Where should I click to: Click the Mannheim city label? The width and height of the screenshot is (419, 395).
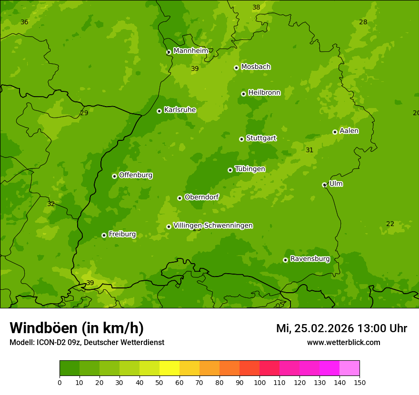[190, 50]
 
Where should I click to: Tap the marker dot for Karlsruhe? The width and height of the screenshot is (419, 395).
[159, 111]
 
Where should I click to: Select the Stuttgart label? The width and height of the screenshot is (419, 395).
[261, 138]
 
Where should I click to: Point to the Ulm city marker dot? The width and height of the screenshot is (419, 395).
[324, 185]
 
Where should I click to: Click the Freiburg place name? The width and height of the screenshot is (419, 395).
[122, 234]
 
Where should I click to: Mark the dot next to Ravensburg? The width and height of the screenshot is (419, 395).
[285, 260]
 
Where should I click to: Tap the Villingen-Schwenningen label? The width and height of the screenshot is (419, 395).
[213, 226]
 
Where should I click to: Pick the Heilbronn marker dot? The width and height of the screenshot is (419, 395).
[243, 94]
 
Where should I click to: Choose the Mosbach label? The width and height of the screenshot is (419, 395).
[256, 67]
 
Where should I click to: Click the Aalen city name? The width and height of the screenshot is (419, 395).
[349, 131]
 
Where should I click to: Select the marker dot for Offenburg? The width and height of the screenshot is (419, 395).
[114, 176]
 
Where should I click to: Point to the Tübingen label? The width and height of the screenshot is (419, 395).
[250, 169]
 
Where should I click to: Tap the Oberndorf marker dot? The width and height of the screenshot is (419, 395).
[180, 198]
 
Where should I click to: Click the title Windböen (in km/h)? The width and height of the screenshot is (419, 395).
[77, 328]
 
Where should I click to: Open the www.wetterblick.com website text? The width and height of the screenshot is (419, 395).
[343, 342]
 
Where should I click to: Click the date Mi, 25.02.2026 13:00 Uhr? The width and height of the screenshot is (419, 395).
[341, 328]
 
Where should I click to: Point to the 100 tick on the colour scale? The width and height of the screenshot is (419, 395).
[259, 382]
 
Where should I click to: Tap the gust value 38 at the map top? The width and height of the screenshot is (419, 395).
[256, 7]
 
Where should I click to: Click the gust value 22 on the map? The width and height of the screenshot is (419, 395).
[390, 224]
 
